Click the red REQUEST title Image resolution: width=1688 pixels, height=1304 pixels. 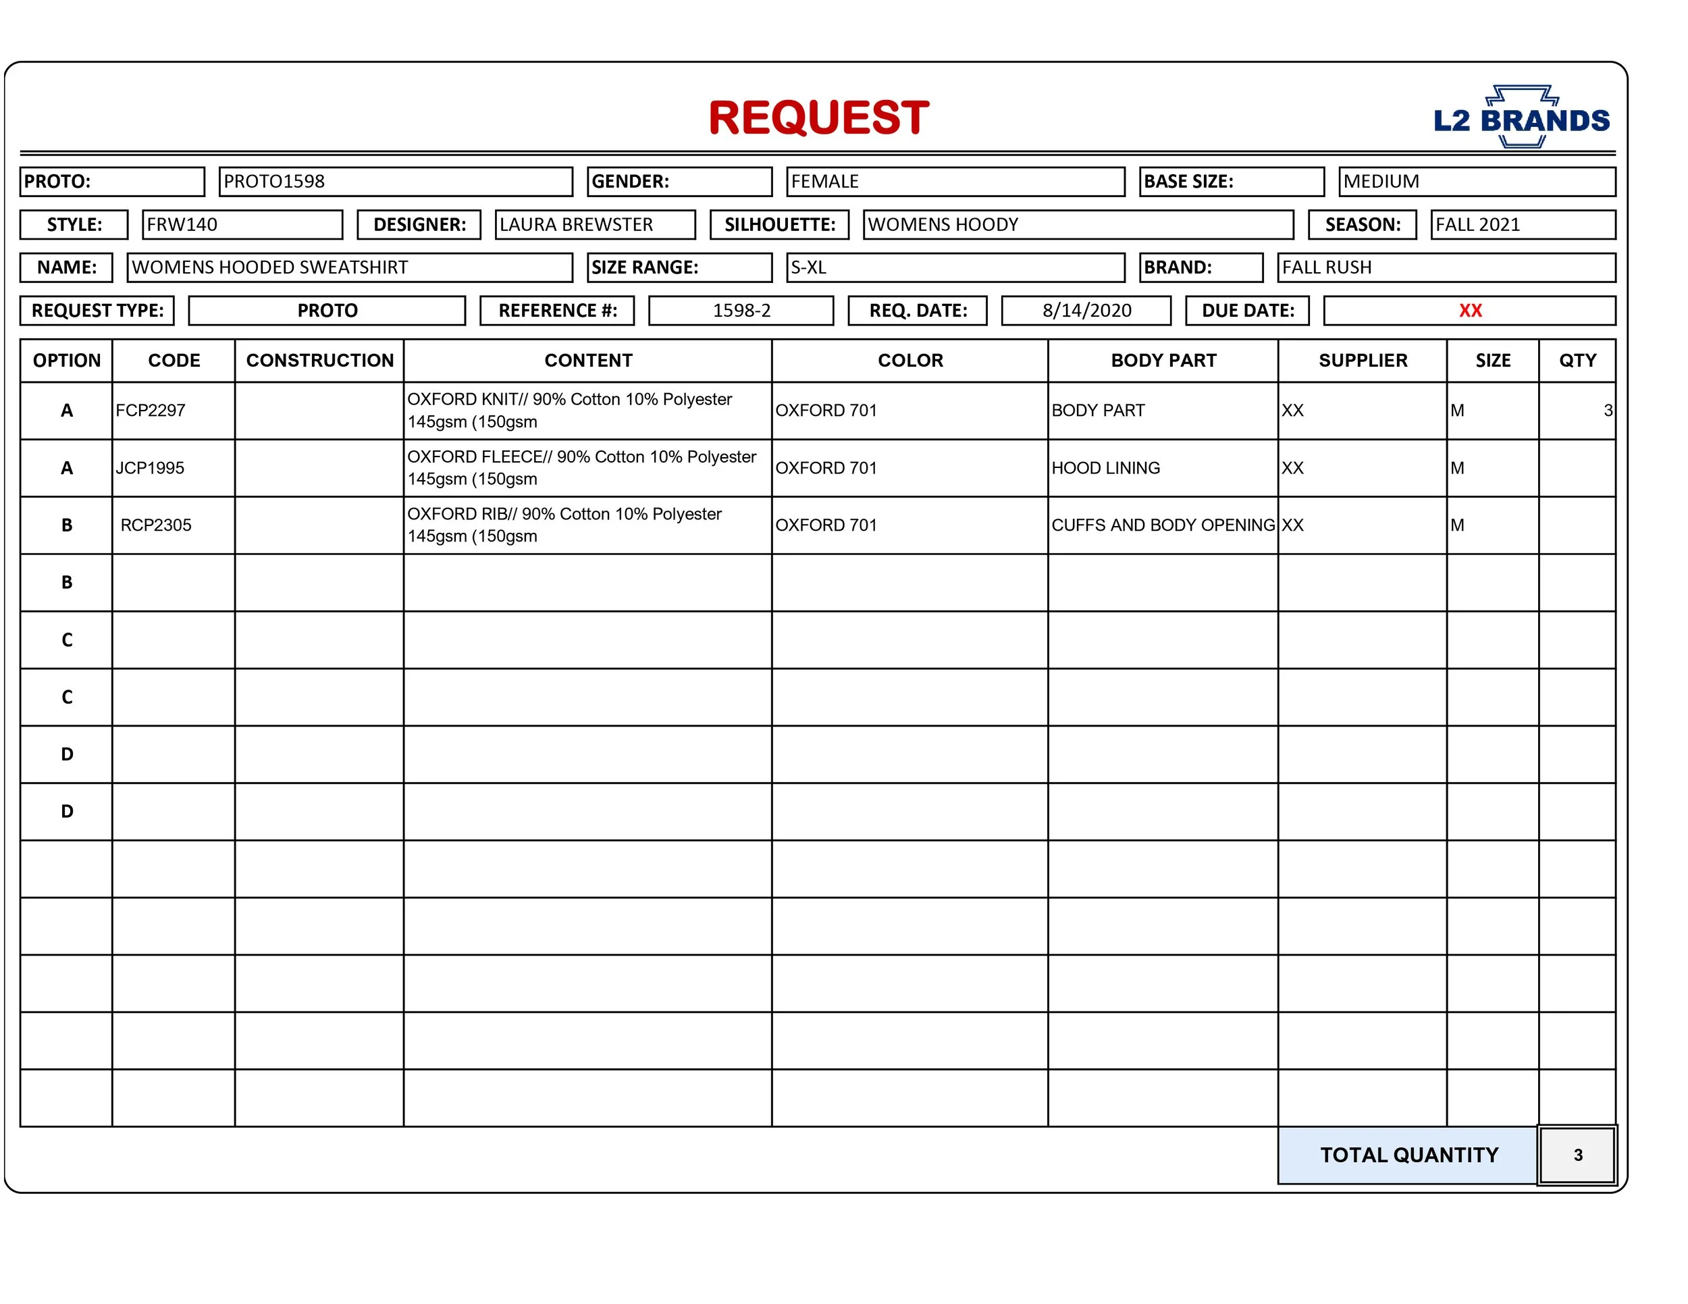818,118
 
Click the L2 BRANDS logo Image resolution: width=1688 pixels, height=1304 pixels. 1521,118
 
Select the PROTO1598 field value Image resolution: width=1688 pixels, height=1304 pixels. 274,182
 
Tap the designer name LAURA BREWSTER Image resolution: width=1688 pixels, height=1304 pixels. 576,225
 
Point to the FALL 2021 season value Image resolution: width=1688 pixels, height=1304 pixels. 1477,225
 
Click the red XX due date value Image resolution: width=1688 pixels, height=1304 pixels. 1470,311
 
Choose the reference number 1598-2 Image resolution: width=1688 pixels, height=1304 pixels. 741,311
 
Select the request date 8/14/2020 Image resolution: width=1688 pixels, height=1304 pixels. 1086,311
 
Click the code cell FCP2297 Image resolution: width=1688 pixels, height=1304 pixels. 151,411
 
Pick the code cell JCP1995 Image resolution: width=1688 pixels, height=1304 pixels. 150,468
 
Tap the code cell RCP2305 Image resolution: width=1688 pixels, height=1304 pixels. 155,525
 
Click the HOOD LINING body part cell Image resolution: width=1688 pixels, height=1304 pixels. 1105,468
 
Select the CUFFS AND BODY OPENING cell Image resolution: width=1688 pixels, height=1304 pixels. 1163,525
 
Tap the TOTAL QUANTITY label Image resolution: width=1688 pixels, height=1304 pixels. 1408,1155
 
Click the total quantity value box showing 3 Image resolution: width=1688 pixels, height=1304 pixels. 1577,1155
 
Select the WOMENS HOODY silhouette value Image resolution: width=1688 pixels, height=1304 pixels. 943,225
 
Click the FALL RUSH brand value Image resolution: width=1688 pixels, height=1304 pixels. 1326,267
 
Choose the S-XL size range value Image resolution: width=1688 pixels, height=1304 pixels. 808,267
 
